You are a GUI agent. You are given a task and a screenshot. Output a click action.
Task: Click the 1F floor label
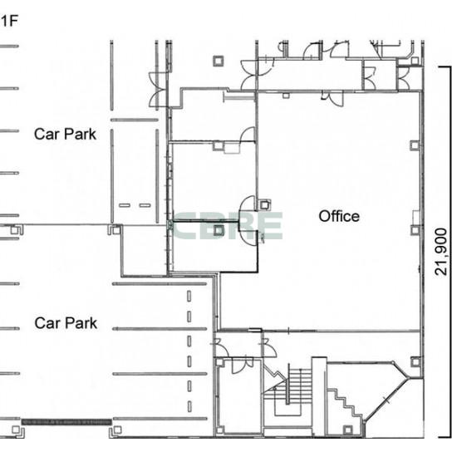8,22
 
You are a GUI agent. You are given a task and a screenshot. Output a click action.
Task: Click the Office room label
339,216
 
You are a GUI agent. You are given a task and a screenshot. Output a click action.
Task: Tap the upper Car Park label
65,134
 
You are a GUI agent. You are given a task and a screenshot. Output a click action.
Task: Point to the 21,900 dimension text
441,252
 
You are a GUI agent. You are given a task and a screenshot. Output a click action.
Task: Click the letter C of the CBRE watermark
184,226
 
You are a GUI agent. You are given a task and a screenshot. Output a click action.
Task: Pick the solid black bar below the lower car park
66,422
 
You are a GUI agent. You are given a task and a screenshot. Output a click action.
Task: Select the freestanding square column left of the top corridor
219,61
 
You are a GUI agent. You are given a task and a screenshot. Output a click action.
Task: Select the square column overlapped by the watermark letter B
219,230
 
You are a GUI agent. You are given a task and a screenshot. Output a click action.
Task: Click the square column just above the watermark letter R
264,205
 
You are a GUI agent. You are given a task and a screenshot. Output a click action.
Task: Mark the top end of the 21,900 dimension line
450,67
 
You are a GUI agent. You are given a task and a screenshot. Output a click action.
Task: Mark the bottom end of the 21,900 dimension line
450,438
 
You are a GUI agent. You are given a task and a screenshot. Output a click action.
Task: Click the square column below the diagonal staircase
348,430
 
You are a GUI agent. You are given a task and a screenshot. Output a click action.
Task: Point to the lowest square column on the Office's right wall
415,361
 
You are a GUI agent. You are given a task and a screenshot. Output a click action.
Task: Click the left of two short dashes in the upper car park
125,205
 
